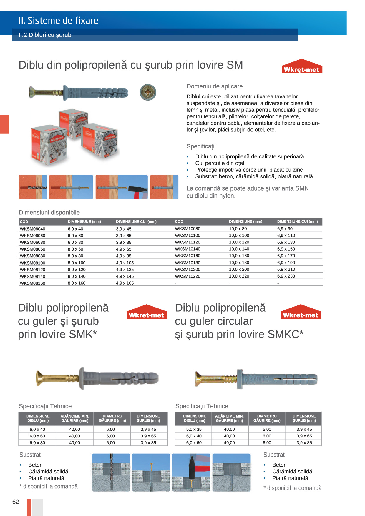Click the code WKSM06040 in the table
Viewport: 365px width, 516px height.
tap(32, 229)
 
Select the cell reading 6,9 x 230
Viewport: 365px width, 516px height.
tap(286, 276)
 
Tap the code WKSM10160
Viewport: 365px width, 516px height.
tap(188, 256)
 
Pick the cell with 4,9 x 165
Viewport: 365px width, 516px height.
tap(125, 283)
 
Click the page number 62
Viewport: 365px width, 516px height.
tap(16, 502)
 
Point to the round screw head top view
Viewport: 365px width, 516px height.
tap(148, 92)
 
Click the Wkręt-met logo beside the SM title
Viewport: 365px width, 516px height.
tap(302, 68)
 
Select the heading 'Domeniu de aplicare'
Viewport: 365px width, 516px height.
tap(215, 86)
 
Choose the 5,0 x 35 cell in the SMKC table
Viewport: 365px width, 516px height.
tap(194, 429)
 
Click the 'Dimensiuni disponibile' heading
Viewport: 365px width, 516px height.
tap(49, 212)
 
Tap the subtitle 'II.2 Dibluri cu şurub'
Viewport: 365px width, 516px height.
tap(45, 35)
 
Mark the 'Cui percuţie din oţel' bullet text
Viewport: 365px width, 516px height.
tap(220, 163)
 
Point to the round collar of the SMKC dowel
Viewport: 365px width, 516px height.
tap(240, 379)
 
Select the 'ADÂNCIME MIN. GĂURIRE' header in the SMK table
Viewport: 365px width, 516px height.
tap(75, 418)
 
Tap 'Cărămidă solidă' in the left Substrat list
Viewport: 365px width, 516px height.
tap(48, 471)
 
